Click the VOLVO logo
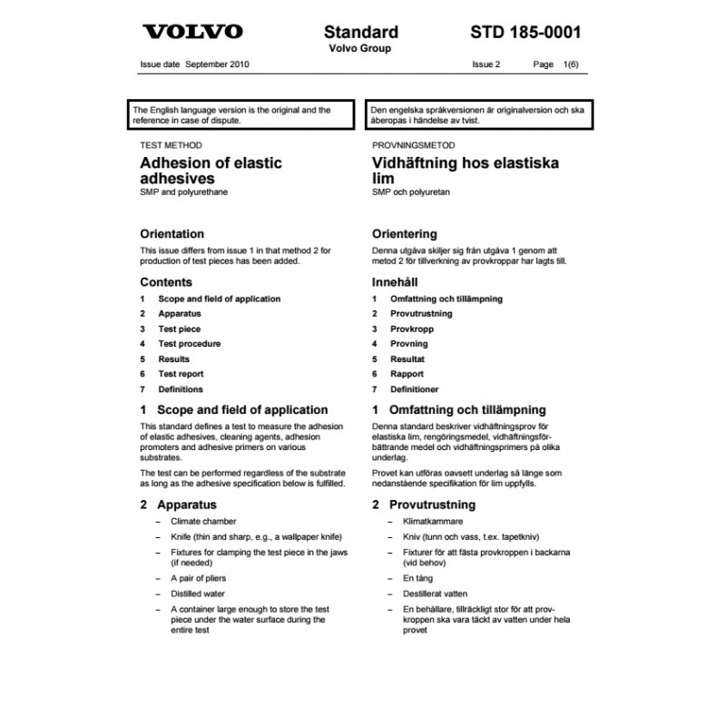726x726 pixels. [x=191, y=32]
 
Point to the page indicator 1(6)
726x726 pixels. [x=571, y=64]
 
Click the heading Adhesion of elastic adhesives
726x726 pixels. [x=211, y=171]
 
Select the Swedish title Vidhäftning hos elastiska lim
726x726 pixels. [x=466, y=171]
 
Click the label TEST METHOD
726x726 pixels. [x=171, y=145]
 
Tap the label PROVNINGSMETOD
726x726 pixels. [x=413, y=145]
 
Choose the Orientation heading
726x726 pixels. [x=172, y=233]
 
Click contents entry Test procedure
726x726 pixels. [x=189, y=344]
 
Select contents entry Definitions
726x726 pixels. [x=181, y=389]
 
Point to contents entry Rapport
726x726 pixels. [x=407, y=374]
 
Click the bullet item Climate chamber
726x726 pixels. [x=202, y=522]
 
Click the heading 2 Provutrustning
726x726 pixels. [x=424, y=504]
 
